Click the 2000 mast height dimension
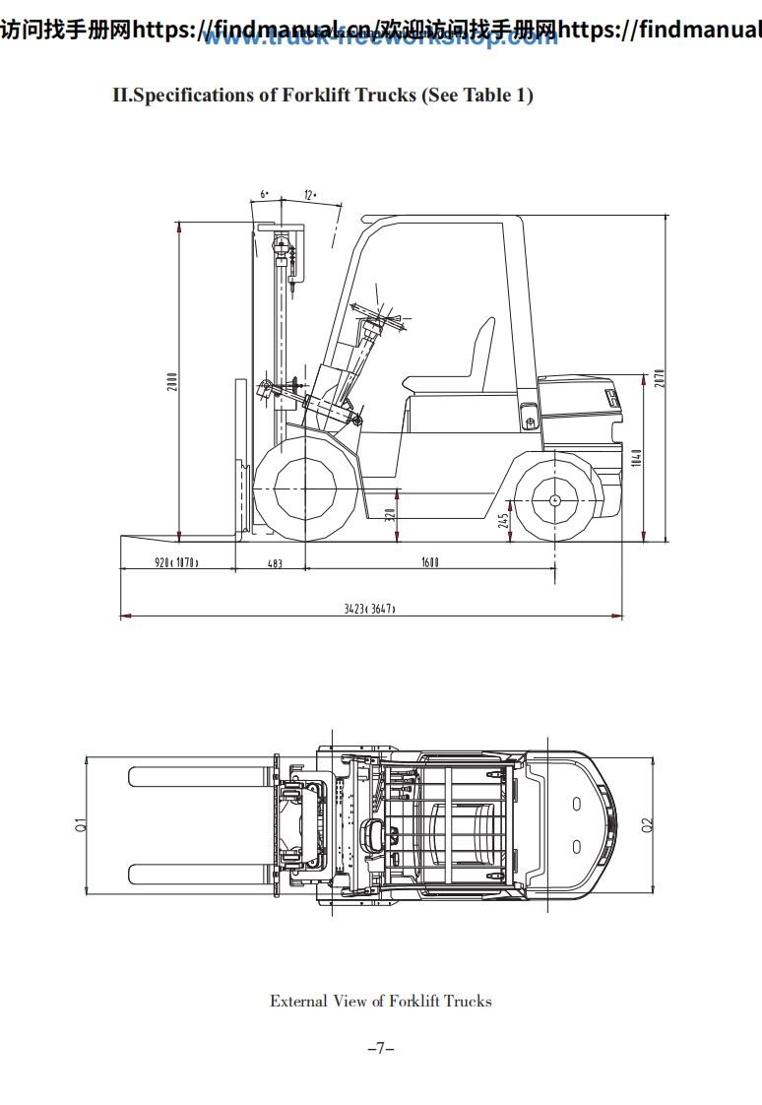pos(171,382)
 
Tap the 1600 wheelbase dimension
pos(430,563)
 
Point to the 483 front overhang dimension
pos(275,563)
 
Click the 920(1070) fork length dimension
pos(176,563)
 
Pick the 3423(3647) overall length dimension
pos(369,609)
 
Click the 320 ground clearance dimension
pos(390,513)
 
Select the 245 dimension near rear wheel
pos(503,520)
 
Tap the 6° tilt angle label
pos(265,195)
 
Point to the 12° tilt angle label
pos(309,195)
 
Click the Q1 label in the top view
pos(80,825)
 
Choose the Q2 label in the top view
pos(647,825)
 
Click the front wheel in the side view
pos(304,488)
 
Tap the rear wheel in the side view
pos(554,500)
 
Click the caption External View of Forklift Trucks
pos(380,1001)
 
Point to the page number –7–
pos(380,1049)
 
